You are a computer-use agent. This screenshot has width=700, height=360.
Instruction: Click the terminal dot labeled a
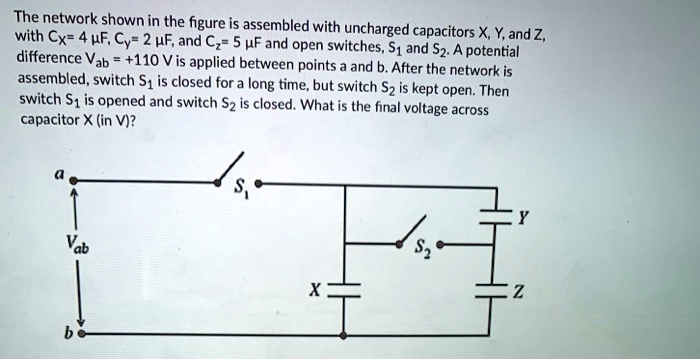72,184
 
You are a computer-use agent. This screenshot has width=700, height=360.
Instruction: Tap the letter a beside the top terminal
58,173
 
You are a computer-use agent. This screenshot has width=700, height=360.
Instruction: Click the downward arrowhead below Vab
73,310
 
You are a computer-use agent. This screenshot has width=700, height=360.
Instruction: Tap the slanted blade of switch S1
229,169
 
